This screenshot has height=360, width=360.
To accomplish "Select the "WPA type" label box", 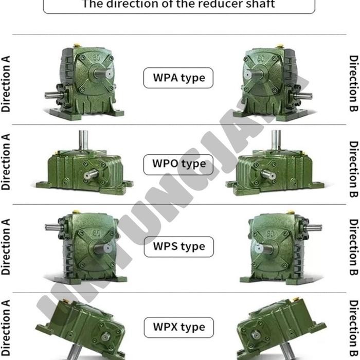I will (178, 78).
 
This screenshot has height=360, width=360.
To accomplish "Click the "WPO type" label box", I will (178, 164).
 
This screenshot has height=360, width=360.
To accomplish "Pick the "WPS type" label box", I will (178, 246).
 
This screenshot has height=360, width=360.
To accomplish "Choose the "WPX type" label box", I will (178, 327).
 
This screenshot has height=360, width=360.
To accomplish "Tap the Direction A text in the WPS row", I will (6, 247).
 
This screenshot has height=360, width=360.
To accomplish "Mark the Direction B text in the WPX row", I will (353, 329).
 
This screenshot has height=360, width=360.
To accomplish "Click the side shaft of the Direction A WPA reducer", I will (51, 95).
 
